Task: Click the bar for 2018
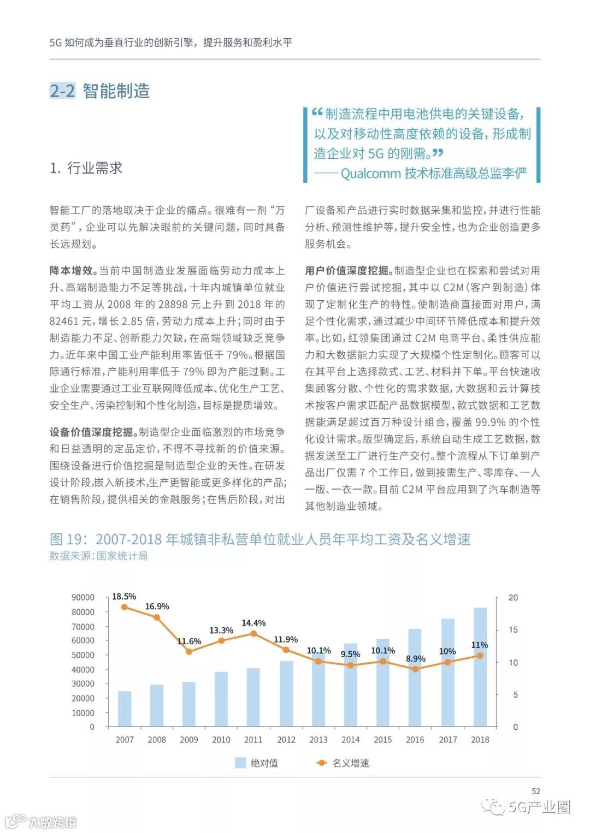point(480,667)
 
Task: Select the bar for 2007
point(125,709)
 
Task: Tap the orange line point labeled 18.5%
point(125,607)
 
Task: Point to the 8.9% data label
point(415,658)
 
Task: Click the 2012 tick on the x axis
point(286,740)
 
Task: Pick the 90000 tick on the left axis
point(83,597)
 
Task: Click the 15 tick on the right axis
point(513,629)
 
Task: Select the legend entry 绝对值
point(257,763)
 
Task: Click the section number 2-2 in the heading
point(62,91)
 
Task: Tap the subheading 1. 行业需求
point(86,168)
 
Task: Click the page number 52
point(535,790)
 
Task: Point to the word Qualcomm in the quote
point(370,173)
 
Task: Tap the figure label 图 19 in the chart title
point(68,539)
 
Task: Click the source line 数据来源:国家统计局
point(98,556)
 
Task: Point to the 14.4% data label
point(253,623)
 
